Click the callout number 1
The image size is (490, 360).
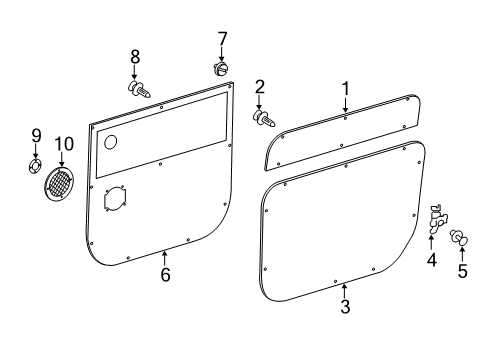pyautogui.click(x=346, y=89)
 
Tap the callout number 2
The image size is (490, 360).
pyautogui.click(x=260, y=87)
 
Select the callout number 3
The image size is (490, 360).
pyautogui.click(x=345, y=306)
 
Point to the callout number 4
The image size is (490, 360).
pyautogui.click(x=432, y=260)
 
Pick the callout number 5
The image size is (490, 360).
pyautogui.click(x=462, y=270)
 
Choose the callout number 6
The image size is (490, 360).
pyautogui.click(x=165, y=274)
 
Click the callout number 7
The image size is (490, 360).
pyautogui.click(x=222, y=39)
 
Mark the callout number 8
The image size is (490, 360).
pyautogui.click(x=135, y=57)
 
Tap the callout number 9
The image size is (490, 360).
pyautogui.click(x=36, y=136)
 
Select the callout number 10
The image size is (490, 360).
pyautogui.click(x=64, y=144)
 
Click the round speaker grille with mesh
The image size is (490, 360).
pyautogui.click(x=59, y=184)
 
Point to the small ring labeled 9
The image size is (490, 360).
pyautogui.click(x=35, y=166)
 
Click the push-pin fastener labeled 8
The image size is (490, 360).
pyautogui.click(x=139, y=89)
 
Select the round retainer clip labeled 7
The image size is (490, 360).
pyautogui.click(x=221, y=69)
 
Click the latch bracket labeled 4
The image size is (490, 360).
pyautogui.click(x=437, y=220)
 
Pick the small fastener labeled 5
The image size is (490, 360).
pyautogui.click(x=459, y=237)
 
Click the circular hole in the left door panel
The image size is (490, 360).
pyautogui.click(x=111, y=142)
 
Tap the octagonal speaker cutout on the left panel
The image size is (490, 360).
pyautogui.click(x=115, y=199)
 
